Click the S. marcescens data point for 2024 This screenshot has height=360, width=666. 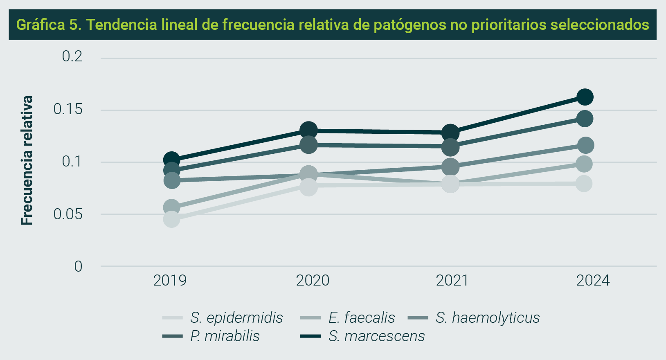click(x=585, y=97)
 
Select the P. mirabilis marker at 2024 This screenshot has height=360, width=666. click(x=585, y=119)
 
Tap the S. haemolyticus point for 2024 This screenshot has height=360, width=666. click(x=585, y=145)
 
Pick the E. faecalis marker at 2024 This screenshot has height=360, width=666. click(x=584, y=164)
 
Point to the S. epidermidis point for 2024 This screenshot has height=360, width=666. click(x=584, y=183)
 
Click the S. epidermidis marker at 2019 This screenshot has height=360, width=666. click(x=171, y=219)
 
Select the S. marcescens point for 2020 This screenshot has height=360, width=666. click(x=308, y=130)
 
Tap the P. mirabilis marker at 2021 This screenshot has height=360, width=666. click(x=450, y=147)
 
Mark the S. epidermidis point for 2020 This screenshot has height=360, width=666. click(x=308, y=187)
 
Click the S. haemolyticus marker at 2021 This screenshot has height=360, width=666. click(x=450, y=166)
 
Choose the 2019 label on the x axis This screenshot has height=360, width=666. click(x=170, y=281)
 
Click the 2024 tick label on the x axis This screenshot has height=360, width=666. click(x=593, y=281)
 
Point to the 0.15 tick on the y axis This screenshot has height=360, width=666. click(x=68, y=109)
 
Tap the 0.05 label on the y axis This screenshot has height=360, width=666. click(x=68, y=214)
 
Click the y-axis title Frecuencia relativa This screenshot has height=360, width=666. click(x=27, y=160)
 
